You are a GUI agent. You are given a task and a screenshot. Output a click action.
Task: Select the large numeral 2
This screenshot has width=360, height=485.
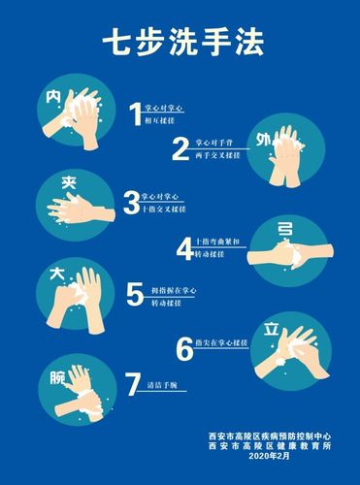coord(180,147)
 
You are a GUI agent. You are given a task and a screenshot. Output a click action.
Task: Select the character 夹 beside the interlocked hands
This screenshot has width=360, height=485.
coord(44,182)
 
